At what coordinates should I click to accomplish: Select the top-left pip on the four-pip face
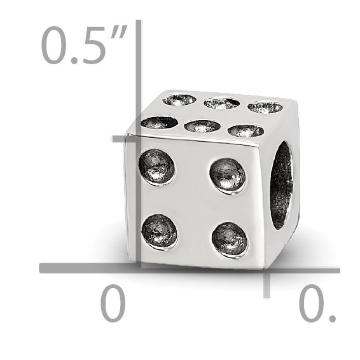[156, 166]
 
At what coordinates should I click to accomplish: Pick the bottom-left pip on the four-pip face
[159, 231]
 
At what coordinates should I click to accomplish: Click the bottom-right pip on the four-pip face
[229, 239]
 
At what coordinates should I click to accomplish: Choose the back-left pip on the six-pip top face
[179, 99]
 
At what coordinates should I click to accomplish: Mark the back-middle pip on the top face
[222, 102]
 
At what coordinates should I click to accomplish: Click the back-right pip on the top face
[265, 106]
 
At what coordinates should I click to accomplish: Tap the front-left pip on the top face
[159, 121]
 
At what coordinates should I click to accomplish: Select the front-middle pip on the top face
[202, 126]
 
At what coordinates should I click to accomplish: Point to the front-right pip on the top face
[246, 130]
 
